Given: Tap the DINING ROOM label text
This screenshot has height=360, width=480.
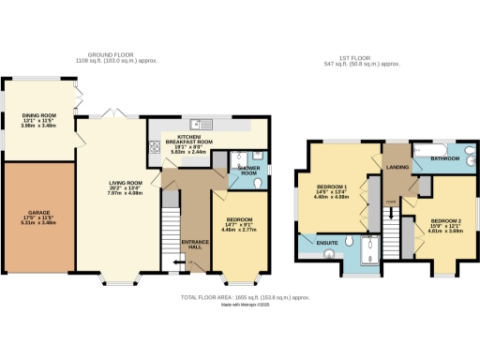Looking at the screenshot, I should click(x=38, y=119).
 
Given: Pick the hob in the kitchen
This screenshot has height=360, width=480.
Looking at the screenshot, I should click(x=153, y=148).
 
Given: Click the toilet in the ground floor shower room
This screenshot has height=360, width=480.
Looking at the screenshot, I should click(x=239, y=159).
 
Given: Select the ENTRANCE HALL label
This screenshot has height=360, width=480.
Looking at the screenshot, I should click(x=194, y=242).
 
